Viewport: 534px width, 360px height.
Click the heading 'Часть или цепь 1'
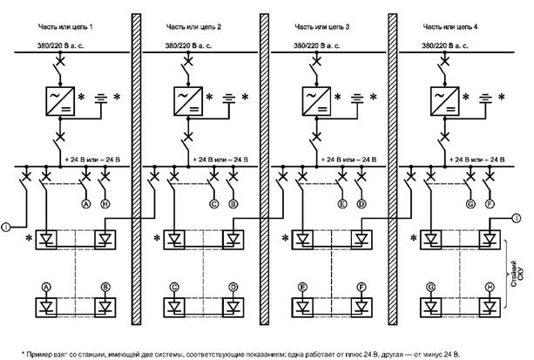pos(66,29)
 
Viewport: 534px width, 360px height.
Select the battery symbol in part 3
pos(357,97)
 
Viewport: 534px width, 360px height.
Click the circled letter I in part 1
pos(7,228)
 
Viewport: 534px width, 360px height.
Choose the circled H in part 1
pos(105,203)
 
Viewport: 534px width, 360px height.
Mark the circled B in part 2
pos(233,203)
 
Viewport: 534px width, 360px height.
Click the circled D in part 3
pos(361,203)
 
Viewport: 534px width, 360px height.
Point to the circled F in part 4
pos(489,203)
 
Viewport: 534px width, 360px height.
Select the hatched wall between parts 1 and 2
pos(136,174)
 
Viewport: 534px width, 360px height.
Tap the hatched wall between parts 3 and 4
pos(391,174)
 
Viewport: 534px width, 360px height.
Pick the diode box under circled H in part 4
pos(489,306)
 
